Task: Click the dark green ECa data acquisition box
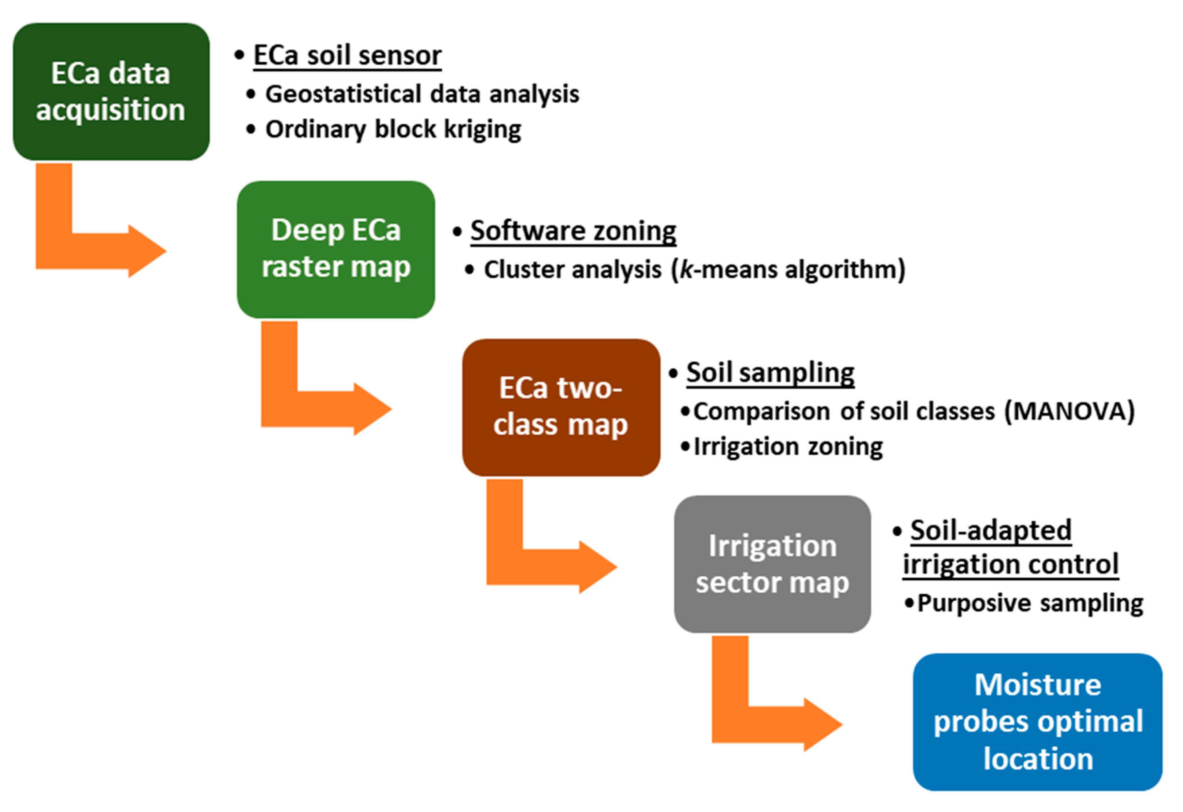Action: tap(111, 92)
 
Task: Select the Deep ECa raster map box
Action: tap(336, 250)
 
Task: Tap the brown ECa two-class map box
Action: tap(561, 407)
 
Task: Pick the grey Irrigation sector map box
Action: tap(772, 564)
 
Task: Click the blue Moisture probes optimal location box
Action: tap(1037, 722)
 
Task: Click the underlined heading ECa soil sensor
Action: tap(347, 56)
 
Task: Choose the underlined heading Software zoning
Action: tap(573, 231)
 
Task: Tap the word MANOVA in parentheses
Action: tap(1069, 411)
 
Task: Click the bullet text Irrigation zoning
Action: tap(788, 447)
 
